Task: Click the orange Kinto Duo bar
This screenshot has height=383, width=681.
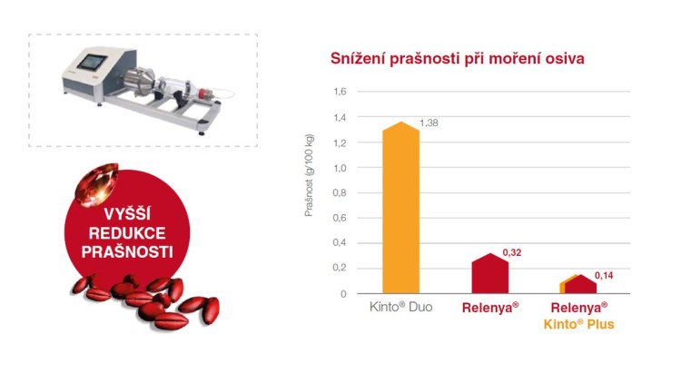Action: (x=400, y=209)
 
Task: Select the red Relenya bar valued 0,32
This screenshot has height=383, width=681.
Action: (x=490, y=273)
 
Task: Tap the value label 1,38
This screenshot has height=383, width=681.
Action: (x=429, y=123)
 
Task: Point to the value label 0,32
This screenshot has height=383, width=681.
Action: (x=512, y=252)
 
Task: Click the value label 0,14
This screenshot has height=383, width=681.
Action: (x=604, y=275)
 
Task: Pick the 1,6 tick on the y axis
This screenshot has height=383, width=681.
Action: (x=340, y=92)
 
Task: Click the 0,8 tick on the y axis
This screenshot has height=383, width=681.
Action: (x=340, y=192)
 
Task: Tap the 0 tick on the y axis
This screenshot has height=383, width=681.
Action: (x=343, y=294)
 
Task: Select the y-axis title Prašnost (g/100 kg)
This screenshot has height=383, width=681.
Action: (x=309, y=175)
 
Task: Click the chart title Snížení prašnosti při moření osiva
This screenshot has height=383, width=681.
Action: (x=458, y=58)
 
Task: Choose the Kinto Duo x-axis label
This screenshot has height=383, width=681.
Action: (x=400, y=307)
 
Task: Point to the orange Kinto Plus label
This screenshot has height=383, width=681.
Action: (x=579, y=324)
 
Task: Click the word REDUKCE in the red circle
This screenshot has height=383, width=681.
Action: (x=127, y=233)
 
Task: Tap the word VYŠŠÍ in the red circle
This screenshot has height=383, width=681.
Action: (x=127, y=213)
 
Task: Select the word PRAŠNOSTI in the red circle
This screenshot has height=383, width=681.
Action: (x=127, y=252)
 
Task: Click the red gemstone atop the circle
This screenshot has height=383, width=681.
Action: (x=97, y=184)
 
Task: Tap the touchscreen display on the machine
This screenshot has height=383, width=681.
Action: (x=92, y=63)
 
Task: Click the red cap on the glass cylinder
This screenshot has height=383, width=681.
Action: (x=202, y=93)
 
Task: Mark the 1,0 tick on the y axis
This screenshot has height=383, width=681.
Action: (x=340, y=168)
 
